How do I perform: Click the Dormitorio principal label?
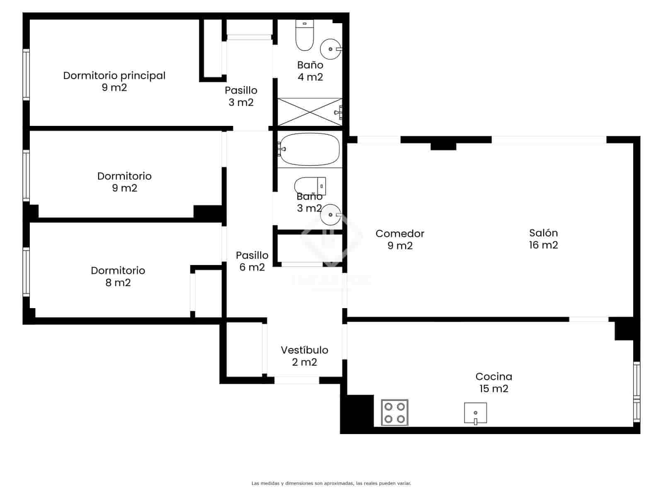(x=114, y=81)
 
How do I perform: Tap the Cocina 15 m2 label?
(x=494, y=382)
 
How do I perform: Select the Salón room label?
(x=543, y=239)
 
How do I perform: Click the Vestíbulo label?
(x=305, y=356)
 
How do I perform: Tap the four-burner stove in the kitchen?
(x=394, y=413)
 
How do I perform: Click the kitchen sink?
(x=475, y=413)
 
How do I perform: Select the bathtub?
(x=310, y=150)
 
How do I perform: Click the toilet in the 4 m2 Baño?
(x=305, y=36)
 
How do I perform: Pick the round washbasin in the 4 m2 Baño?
(x=331, y=49)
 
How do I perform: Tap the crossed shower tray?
(x=310, y=112)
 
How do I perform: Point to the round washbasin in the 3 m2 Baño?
(x=331, y=215)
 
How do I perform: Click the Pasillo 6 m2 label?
(x=252, y=261)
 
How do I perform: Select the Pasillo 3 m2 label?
(x=241, y=96)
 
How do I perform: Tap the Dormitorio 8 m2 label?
(x=118, y=276)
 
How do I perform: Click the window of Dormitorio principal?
(x=26, y=75)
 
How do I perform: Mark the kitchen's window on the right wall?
(x=636, y=391)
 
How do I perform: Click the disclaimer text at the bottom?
(x=331, y=483)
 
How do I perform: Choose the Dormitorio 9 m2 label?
(x=124, y=182)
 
